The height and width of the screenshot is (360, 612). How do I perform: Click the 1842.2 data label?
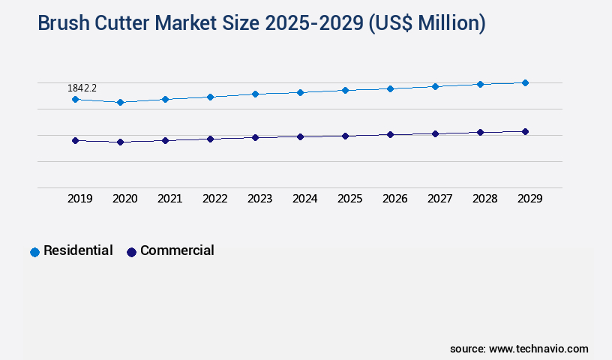coord(82,88)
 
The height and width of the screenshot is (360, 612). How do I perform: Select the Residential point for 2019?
coord(75,99)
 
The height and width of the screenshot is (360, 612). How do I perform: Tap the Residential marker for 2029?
coord(525,82)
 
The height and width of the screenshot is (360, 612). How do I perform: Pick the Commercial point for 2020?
coord(120,142)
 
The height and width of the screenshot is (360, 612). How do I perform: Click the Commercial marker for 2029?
coord(525,131)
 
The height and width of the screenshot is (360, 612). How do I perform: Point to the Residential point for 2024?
coord(300,92)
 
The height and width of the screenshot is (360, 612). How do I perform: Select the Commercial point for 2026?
coord(390,134)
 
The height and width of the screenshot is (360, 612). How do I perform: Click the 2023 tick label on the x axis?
coord(259,199)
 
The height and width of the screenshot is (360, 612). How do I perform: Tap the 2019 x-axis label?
coord(79,199)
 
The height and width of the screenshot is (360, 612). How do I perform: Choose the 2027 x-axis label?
coord(439,199)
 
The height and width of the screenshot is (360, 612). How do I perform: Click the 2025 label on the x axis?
coord(349,199)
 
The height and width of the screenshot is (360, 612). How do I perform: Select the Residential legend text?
coord(78,250)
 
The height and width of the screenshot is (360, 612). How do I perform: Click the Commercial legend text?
coord(177,250)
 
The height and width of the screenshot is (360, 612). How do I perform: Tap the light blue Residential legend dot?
coord(34,252)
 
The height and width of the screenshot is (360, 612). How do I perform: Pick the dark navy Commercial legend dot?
coord(131,252)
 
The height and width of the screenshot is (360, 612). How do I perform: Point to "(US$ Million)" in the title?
coord(427,24)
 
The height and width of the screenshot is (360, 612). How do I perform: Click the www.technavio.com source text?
coord(538,349)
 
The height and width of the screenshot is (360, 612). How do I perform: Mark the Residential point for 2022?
coord(210,97)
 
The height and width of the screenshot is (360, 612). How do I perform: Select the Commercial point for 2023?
coord(255,137)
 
